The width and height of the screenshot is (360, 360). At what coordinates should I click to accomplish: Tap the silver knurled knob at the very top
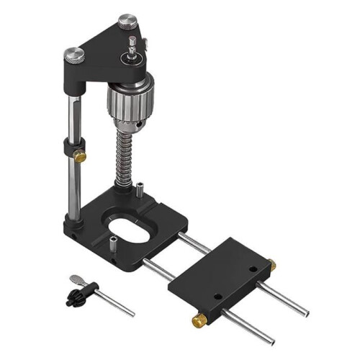(128, 21)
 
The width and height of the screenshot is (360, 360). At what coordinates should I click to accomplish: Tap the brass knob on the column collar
(81, 155)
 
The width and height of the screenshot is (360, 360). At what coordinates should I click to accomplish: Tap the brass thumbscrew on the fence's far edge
(271, 265)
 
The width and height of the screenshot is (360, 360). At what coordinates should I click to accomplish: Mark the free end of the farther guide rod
(304, 313)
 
